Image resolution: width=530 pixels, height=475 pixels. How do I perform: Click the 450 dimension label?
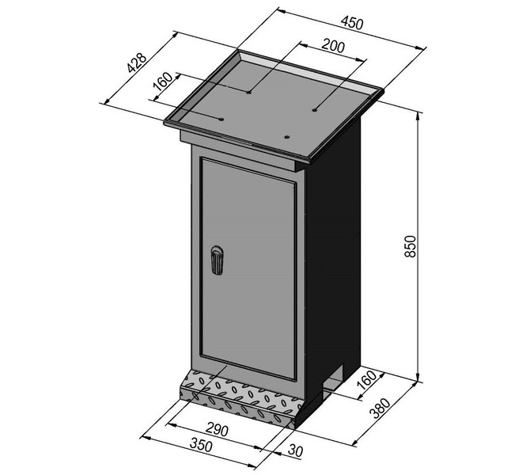[352, 23]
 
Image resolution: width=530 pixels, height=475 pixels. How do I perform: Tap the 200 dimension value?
[333, 46]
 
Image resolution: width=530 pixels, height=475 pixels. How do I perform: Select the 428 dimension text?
[137, 63]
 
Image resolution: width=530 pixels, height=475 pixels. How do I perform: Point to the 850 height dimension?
[410, 246]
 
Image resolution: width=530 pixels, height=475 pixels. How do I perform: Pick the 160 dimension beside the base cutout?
[366, 380]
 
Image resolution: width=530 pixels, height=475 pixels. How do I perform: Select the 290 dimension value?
[216, 430]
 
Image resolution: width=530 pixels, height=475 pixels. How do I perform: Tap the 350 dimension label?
[201, 445]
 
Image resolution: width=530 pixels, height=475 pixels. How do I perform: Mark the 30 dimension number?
[295, 450]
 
